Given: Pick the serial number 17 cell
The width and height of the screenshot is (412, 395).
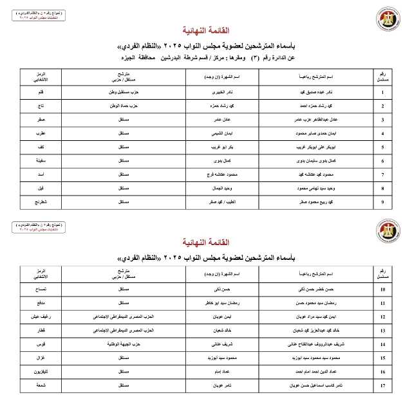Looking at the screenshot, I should [x=383, y=386].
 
